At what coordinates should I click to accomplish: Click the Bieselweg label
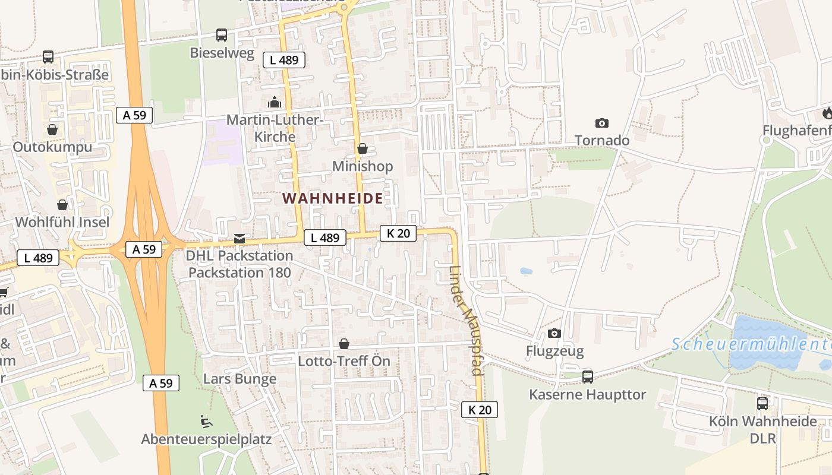[x=222, y=53]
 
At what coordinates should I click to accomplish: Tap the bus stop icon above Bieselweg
[x=222, y=35]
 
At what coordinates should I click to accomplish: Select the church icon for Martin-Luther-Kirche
[x=274, y=103]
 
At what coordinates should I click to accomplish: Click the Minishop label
[x=363, y=166]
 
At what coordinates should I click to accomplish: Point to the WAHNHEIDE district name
[x=333, y=198]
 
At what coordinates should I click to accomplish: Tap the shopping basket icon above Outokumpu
[x=52, y=129]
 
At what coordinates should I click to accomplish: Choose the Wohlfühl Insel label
[x=62, y=222]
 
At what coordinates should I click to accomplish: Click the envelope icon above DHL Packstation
[x=239, y=238]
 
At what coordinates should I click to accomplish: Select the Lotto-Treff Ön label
[x=344, y=361]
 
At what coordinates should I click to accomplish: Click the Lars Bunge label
[x=240, y=379]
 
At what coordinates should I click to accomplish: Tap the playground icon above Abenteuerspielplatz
[x=206, y=422]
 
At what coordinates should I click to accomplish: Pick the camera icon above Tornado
[x=602, y=123]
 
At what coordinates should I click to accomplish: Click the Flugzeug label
[x=554, y=351]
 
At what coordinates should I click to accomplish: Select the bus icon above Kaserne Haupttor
[x=588, y=376]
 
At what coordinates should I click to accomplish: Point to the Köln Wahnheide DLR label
[x=762, y=429]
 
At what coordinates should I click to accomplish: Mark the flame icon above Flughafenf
[x=827, y=113]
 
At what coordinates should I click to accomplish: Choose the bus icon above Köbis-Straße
[x=48, y=57]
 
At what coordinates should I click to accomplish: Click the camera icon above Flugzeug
[x=554, y=334]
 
